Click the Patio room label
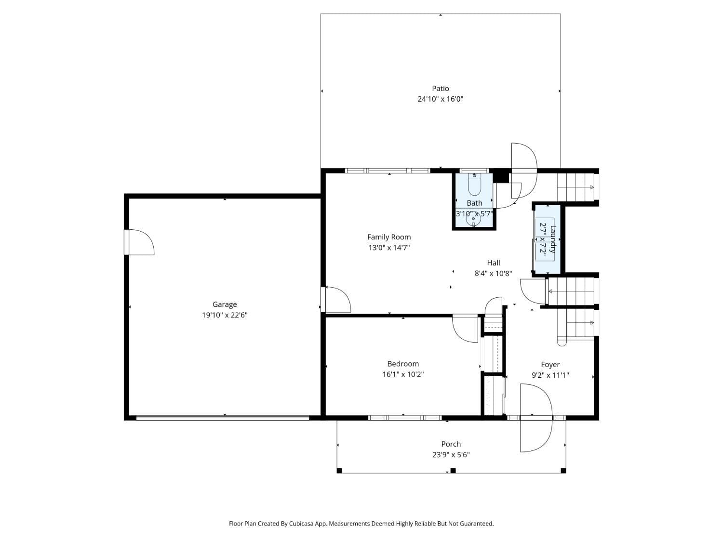click(x=440, y=88)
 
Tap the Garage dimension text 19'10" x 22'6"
click(x=225, y=315)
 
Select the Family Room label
click(x=388, y=237)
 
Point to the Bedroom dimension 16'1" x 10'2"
click(x=403, y=374)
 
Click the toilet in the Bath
click(x=474, y=185)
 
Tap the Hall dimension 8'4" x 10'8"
click(x=493, y=273)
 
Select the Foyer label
click(x=550, y=365)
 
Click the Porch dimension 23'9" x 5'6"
click(x=451, y=454)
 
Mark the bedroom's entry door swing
click(x=465, y=329)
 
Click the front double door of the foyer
click(x=535, y=418)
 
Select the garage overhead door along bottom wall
click(x=223, y=418)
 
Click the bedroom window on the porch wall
click(x=404, y=418)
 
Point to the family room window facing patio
click(x=388, y=171)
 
